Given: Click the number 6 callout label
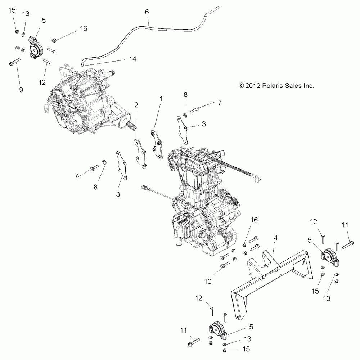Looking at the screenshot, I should tap(147, 12).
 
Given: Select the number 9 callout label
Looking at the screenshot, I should tap(21, 90).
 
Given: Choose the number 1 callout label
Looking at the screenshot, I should tap(162, 98).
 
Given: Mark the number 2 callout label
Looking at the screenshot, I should tap(136, 105).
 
